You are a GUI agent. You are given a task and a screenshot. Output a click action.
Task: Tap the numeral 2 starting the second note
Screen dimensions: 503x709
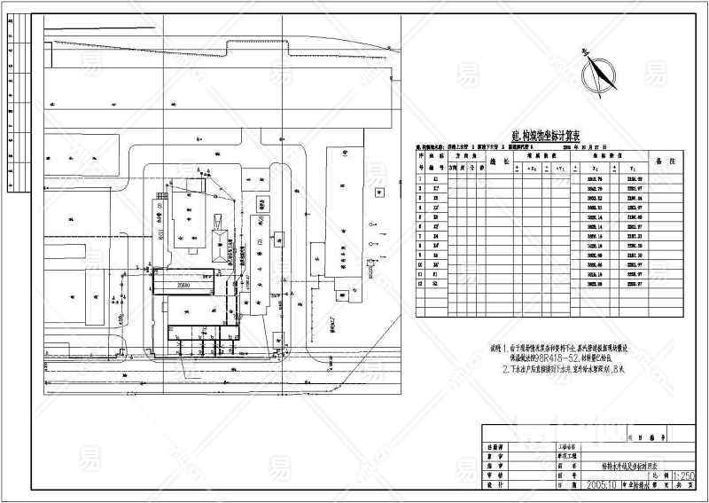pos(503,367)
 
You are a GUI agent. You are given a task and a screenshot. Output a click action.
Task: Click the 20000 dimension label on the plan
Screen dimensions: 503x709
pos(183,286)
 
